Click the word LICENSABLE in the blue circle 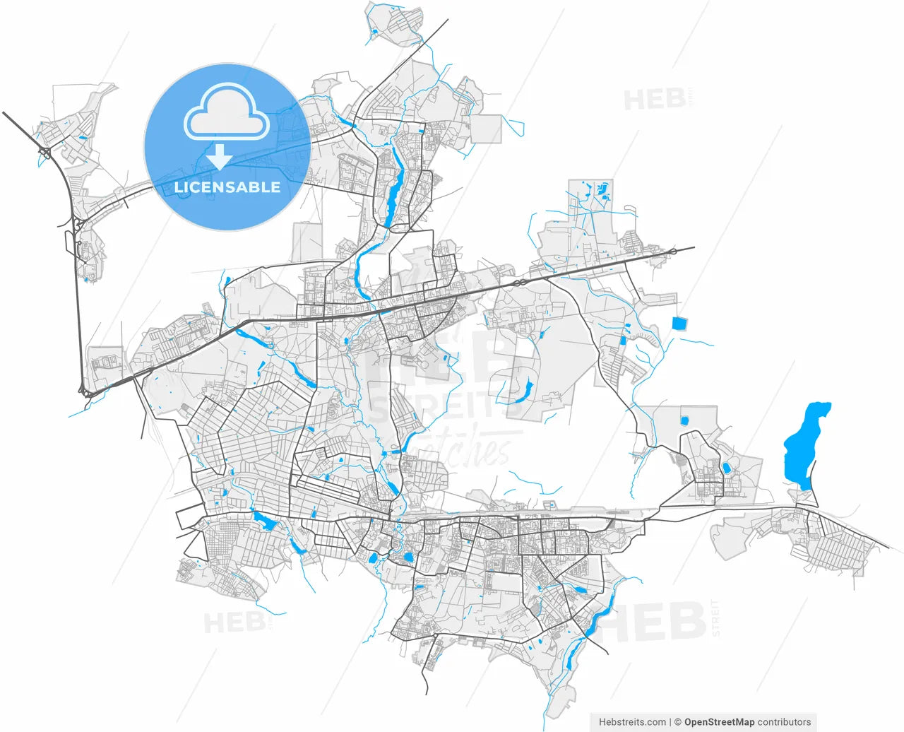tap(227, 187)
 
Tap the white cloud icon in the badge tap(227, 113)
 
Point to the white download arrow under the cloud tap(220, 157)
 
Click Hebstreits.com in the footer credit tap(632, 722)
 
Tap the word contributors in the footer tap(784, 722)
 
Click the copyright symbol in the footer tap(677, 722)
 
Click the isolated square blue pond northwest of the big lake tap(679, 324)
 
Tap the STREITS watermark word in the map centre tap(438, 409)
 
